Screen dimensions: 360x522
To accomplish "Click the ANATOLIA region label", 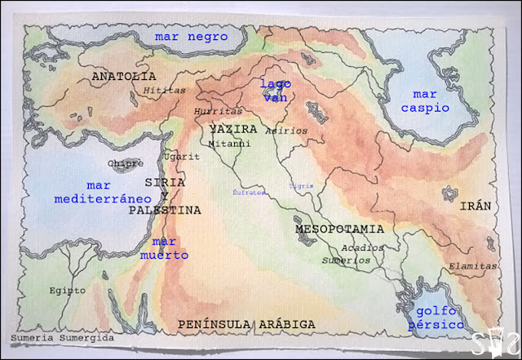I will click(124, 76).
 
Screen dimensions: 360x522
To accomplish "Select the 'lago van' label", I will click(275, 90).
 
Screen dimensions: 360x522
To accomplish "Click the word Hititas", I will click(159, 91).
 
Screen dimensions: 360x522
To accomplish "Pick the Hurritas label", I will click(219, 111).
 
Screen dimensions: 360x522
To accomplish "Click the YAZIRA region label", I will click(233, 130).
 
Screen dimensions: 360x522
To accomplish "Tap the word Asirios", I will click(287, 130).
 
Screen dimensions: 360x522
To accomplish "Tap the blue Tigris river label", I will click(301, 186).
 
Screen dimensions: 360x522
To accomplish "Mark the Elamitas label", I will click(472, 266).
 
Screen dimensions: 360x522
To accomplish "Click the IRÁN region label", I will click(476, 207).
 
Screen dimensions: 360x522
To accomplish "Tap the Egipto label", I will click(67, 290).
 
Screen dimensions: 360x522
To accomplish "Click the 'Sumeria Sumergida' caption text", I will click(63, 337).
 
